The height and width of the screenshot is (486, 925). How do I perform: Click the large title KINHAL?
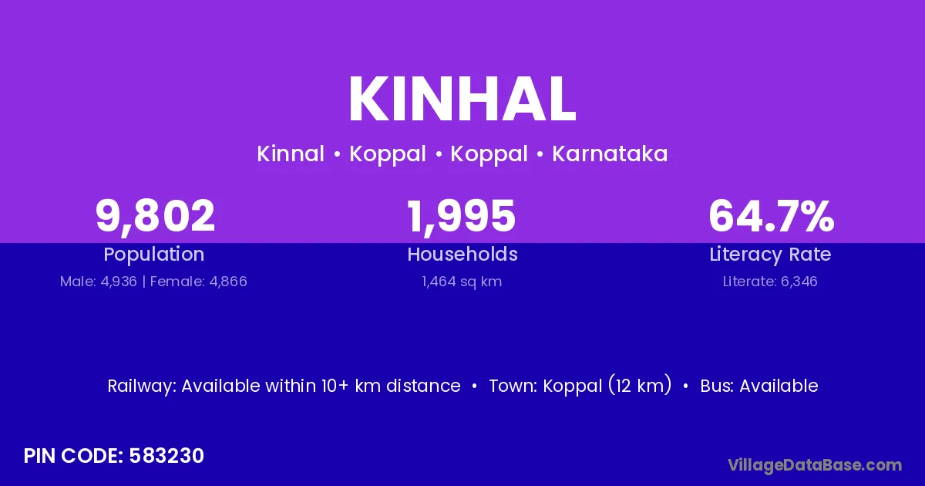462,100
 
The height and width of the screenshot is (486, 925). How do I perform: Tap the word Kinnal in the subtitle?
291,154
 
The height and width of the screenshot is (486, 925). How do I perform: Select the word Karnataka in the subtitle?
610,154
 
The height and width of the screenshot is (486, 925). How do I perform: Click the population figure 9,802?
155,217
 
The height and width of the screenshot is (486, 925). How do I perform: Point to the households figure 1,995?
462,217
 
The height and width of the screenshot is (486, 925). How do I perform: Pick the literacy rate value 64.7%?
772,216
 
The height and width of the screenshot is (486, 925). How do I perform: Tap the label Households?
462,254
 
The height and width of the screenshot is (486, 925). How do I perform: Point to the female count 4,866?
228,282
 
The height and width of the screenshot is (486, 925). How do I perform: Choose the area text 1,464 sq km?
462,282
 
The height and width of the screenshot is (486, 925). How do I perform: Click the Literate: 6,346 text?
770,282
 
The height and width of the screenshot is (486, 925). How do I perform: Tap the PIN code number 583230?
166,456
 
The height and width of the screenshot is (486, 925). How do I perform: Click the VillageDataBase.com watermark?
815,466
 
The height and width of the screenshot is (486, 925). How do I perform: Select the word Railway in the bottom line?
142,386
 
